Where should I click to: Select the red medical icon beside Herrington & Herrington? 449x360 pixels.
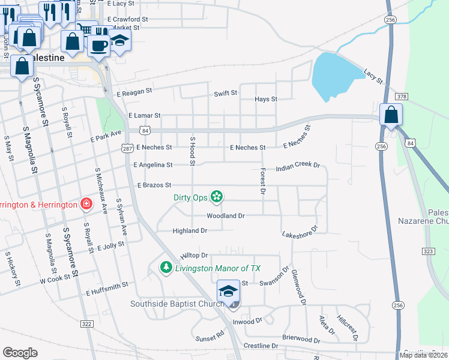pos(87,204)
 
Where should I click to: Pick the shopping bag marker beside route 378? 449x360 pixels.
pos(391,115)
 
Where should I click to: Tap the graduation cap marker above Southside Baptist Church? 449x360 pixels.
pos(228,292)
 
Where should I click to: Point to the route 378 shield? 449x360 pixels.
pos(402,97)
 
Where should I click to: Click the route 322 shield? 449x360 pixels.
pos(86,324)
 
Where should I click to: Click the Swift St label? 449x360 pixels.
pos(226,94)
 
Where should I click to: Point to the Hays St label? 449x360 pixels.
pos(266,99)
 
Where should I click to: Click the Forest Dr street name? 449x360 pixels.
pos(262,182)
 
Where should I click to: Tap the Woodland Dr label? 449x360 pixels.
pos(226,215)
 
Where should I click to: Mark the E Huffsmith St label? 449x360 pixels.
pos(107,289)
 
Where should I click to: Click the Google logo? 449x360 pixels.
pos(20,353)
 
